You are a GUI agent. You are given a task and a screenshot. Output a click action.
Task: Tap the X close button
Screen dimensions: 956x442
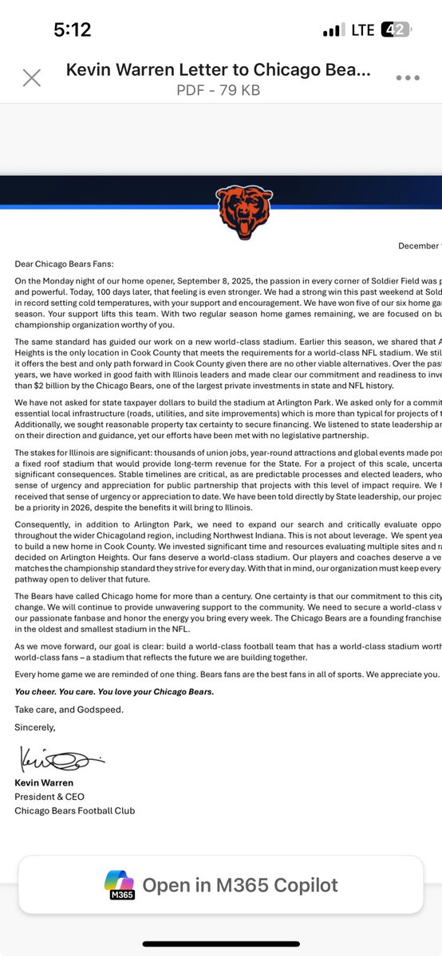tap(31, 77)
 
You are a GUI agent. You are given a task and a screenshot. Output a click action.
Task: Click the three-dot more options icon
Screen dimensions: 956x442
tap(407, 77)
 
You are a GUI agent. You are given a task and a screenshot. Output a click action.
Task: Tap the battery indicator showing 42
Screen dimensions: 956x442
tap(396, 30)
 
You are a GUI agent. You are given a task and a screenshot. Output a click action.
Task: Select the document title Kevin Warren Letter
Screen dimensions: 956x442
tap(217, 70)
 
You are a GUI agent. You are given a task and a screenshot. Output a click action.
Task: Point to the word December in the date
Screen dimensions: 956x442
tap(419, 245)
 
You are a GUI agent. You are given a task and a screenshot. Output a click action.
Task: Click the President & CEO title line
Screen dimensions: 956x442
tap(49, 796)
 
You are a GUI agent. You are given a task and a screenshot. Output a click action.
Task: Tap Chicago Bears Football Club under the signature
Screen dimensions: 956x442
tap(75, 810)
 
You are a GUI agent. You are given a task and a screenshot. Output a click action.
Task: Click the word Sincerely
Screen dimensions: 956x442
tap(36, 727)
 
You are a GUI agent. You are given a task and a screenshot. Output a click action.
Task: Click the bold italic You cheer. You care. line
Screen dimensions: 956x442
tap(114, 691)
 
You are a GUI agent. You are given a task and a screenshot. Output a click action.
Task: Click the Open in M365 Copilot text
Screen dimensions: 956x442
tap(240, 884)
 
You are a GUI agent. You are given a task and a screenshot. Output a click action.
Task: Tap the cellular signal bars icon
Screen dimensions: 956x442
tap(333, 30)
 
